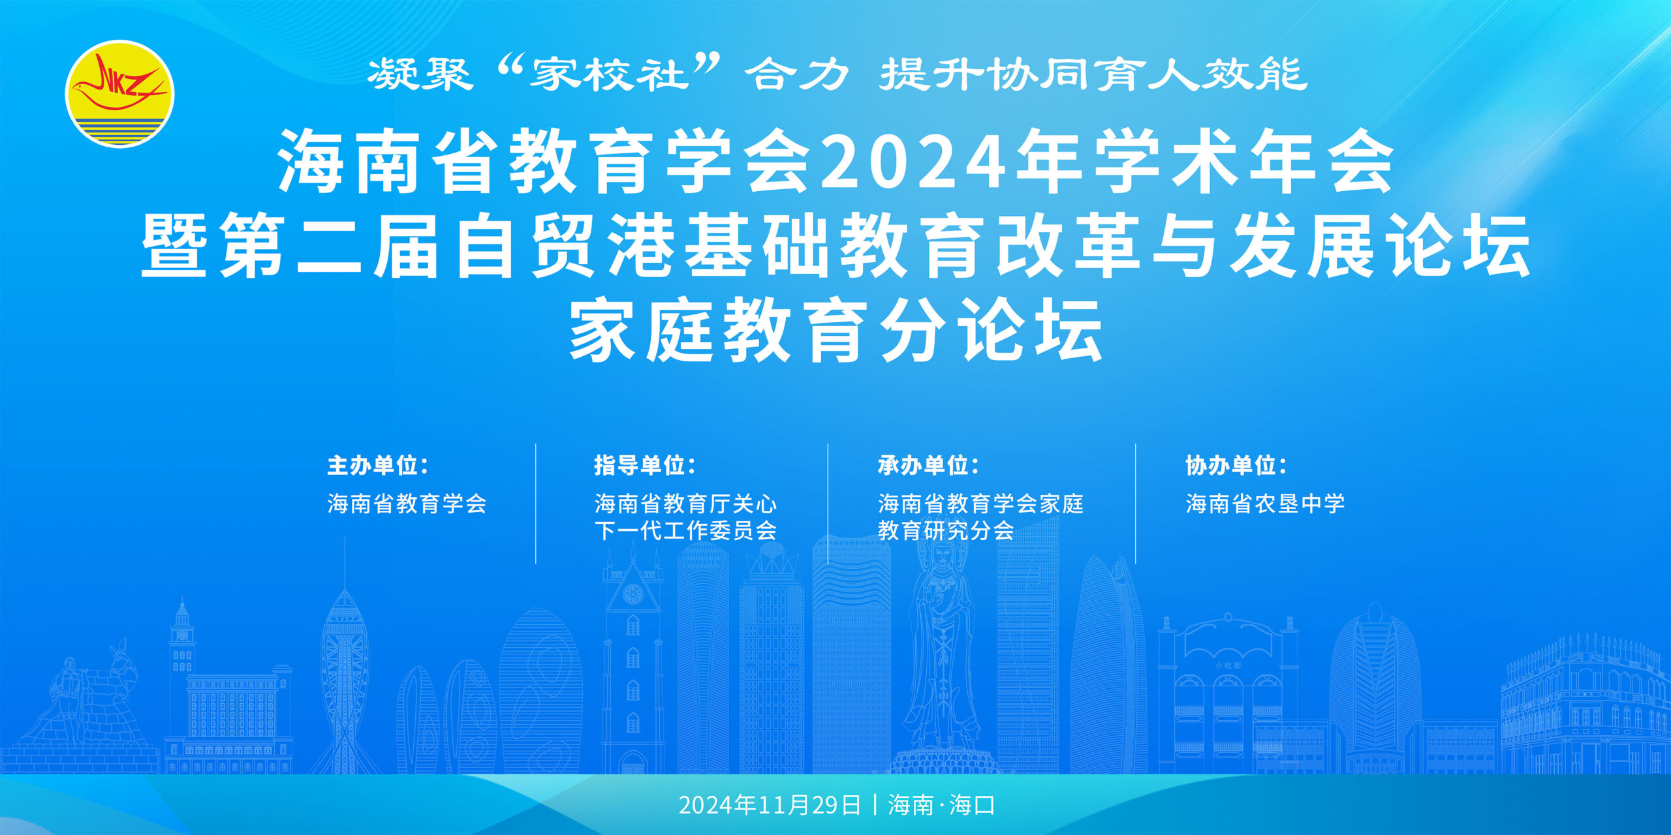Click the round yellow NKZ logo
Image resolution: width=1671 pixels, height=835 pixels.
[119, 94]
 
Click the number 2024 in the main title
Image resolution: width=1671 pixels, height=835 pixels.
[914, 162]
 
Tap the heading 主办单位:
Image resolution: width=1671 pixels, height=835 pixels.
[378, 466]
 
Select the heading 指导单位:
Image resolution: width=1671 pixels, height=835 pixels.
[645, 466]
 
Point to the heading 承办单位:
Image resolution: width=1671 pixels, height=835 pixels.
[928, 466]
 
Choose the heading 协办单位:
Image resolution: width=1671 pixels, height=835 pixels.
[1236, 466]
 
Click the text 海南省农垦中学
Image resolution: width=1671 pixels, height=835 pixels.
[1265, 504]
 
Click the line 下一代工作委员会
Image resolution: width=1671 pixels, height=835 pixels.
[685, 531]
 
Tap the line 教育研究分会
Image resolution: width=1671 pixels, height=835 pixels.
[945, 531]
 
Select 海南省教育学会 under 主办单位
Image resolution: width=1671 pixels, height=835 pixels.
[407, 504]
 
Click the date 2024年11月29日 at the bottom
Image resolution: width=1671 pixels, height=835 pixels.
[770, 805]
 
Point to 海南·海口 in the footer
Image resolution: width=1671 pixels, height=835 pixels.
[941, 805]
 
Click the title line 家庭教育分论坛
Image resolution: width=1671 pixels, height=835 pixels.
[835, 330]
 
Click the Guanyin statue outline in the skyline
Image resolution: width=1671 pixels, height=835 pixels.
[941, 652]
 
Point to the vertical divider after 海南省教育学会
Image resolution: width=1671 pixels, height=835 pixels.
[536, 504]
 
